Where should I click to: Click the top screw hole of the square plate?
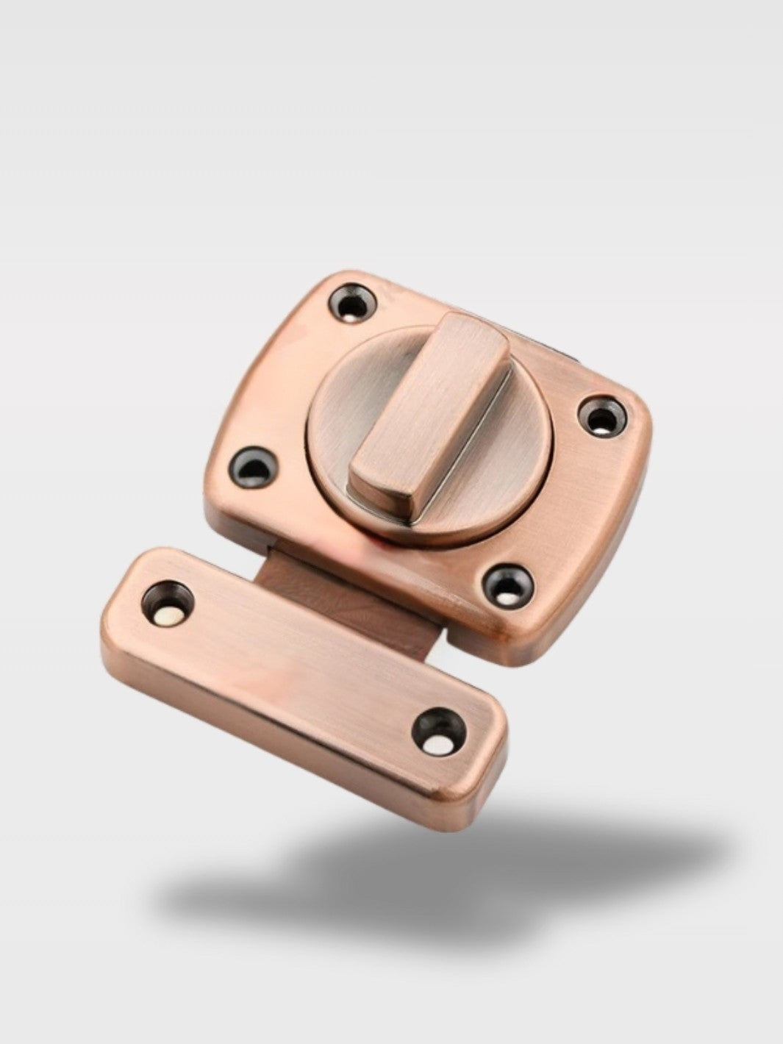click(354, 304)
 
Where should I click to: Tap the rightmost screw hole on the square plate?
click(602, 418)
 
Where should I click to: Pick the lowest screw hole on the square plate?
click(507, 585)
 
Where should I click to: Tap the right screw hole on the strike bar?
click(437, 733)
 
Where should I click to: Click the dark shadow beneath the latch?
click(441, 875)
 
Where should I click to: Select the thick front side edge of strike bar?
click(279, 735)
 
